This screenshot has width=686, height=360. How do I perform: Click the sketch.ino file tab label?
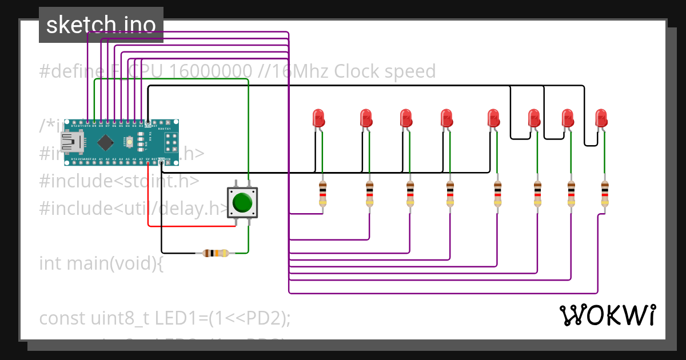click(101, 25)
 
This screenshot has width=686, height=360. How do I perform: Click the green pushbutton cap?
click(243, 203)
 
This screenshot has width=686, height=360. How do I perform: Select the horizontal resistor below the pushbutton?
click(216, 253)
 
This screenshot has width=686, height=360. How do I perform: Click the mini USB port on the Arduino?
click(71, 142)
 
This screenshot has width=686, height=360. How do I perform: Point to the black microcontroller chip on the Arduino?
click(105, 142)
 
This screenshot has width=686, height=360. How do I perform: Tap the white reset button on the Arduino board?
click(130, 141)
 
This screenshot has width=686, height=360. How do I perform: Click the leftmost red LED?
click(319, 118)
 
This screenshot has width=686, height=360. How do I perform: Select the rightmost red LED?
click(601, 118)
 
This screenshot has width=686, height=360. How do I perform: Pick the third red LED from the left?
click(405, 118)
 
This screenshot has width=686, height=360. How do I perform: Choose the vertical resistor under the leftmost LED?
click(322, 194)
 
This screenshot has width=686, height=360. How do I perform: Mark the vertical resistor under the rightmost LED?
click(605, 194)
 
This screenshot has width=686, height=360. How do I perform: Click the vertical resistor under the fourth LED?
click(450, 194)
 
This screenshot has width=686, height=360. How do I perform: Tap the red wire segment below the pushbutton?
click(192, 226)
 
